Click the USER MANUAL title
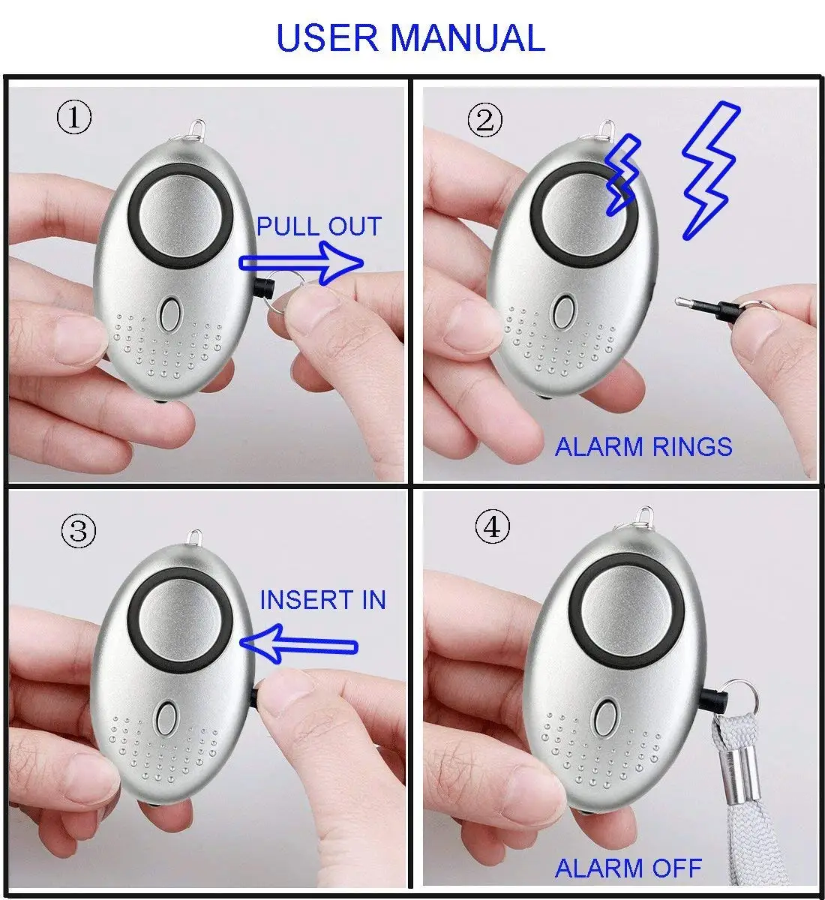pos(410,38)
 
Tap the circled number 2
pos(485,121)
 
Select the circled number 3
pos(79,532)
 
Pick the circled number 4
pos(492,528)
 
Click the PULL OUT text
pos(319,226)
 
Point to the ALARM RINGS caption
pos(643,447)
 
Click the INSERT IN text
pos(322,600)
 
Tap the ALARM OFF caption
pos(628,868)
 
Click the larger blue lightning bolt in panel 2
pos(709,169)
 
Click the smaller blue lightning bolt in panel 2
pos(622,174)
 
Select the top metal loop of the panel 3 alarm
pos(195,538)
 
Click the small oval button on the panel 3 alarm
pos(166,718)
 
